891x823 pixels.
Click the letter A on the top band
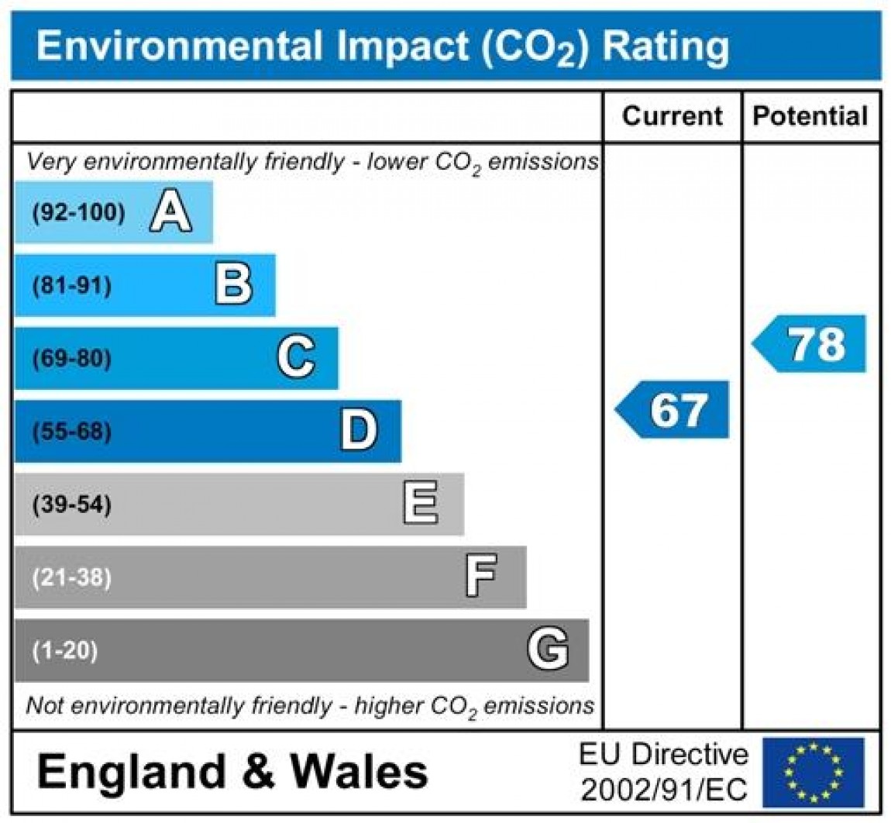pyautogui.click(x=170, y=212)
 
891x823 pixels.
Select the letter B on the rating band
pyautogui.click(x=233, y=285)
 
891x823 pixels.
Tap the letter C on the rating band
pyautogui.click(x=296, y=358)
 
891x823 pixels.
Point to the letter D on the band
pyautogui.click(x=359, y=431)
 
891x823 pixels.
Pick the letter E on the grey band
pyautogui.click(x=421, y=504)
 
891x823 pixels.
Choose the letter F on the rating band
pyautogui.click(x=481, y=577)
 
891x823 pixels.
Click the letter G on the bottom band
pyautogui.click(x=547, y=649)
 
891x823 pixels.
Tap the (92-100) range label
pyautogui.click(x=78, y=213)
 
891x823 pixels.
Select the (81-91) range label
pyautogui.click(x=72, y=286)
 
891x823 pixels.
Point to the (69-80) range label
pyautogui.click(x=72, y=359)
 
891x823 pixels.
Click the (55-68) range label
pyautogui.click(x=72, y=432)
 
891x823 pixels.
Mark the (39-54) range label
pyautogui.click(x=72, y=504)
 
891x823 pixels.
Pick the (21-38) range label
pyautogui.click(x=72, y=577)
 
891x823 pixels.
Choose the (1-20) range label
pyautogui.click(x=65, y=650)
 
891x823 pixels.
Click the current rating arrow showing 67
pyautogui.click(x=673, y=409)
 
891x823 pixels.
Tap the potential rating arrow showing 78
pyautogui.click(x=810, y=343)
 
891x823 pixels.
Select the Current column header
pyautogui.click(x=672, y=116)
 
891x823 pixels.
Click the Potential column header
pyautogui.click(x=810, y=116)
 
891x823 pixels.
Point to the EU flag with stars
pyautogui.click(x=813, y=772)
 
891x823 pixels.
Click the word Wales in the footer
pyautogui.click(x=359, y=772)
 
